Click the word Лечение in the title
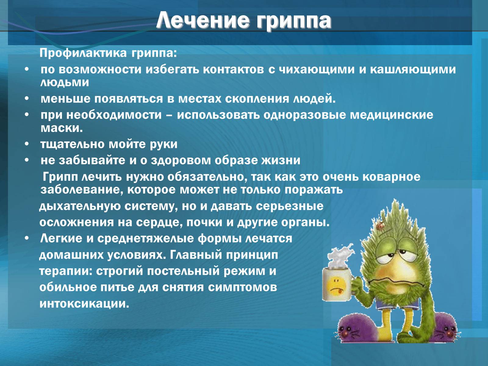[x=203, y=21]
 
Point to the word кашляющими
[x=413, y=70]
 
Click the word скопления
[x=257, y=99]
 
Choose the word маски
[x=62, y=128]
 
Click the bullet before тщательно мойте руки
[x=27, y=144]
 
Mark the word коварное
[x=392, y=177]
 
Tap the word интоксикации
[x=84, y=304]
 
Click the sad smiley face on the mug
[x=336, y=286]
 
